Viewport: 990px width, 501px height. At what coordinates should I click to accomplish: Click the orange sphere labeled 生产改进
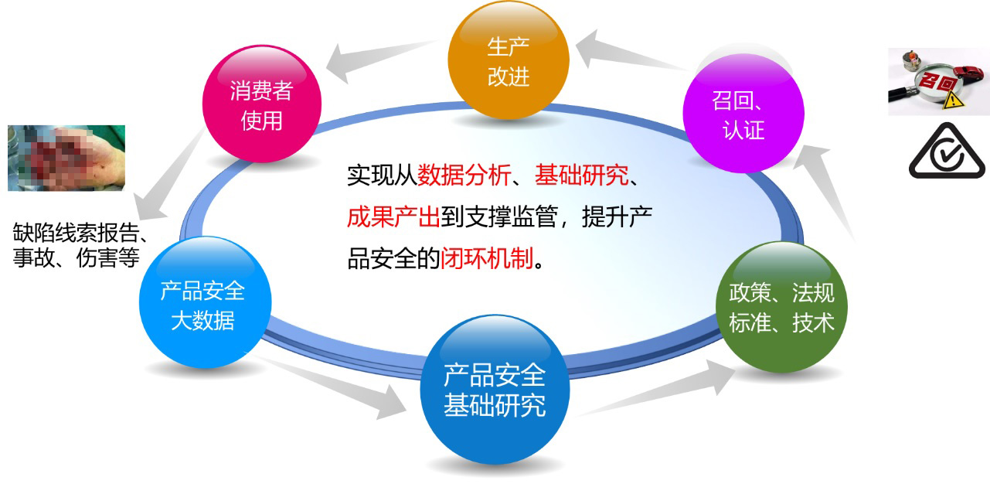pos(509,60)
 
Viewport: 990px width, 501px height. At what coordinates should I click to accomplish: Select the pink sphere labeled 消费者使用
pos(262,104)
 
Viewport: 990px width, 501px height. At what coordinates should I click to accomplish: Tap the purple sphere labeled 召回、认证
pos(743,113)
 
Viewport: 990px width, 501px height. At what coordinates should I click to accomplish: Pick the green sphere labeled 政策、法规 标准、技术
pos(781,307)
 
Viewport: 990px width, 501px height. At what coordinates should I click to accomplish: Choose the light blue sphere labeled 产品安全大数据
pos(205,302)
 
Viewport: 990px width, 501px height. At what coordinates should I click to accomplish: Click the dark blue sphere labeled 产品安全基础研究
pos(495,390)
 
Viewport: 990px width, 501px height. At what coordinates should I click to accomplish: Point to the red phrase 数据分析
pos(464,175)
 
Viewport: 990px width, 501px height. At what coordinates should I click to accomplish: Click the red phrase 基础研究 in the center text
pos(582,175)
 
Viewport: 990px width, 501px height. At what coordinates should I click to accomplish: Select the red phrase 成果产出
pos(393,216)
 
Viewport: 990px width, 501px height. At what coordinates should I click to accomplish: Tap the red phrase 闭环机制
pos(487,258)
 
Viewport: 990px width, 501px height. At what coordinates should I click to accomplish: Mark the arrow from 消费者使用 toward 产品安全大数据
pos(170,175)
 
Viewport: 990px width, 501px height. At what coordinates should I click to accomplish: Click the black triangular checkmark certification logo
pos(947,152)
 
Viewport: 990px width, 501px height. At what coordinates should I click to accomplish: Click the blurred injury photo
pos(66,158)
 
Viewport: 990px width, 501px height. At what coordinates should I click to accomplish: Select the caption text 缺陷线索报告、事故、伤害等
pos(80,245)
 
